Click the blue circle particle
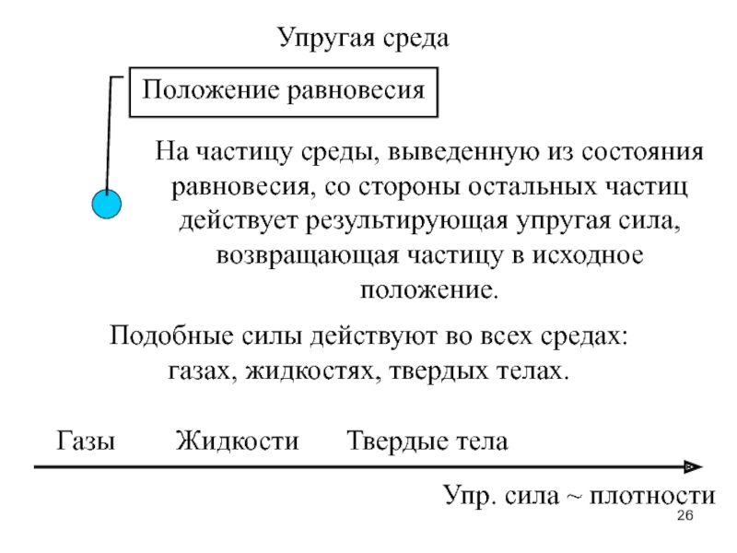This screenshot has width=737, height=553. pos(107,204)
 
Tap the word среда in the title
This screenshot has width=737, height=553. pos(415,39)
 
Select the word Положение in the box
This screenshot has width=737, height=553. pos(211,89)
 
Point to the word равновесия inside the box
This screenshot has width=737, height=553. pos(356,90)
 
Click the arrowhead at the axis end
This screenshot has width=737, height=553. pos(694,467)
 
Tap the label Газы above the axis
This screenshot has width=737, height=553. pos(86,441)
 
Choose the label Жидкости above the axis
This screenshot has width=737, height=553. pos(238,441)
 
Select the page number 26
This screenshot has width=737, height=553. pos(684,515)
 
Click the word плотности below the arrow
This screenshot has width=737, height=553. pos(652,496)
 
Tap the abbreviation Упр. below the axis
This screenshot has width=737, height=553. pos(469,496)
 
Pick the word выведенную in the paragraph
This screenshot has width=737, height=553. pos(463,152)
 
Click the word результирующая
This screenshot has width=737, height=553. pos(407,221)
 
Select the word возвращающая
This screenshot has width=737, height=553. pos(308,256)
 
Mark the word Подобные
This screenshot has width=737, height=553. pos(171,336)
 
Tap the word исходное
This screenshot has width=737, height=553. pos(588,256)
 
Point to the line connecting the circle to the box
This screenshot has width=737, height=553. pos(109,135)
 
